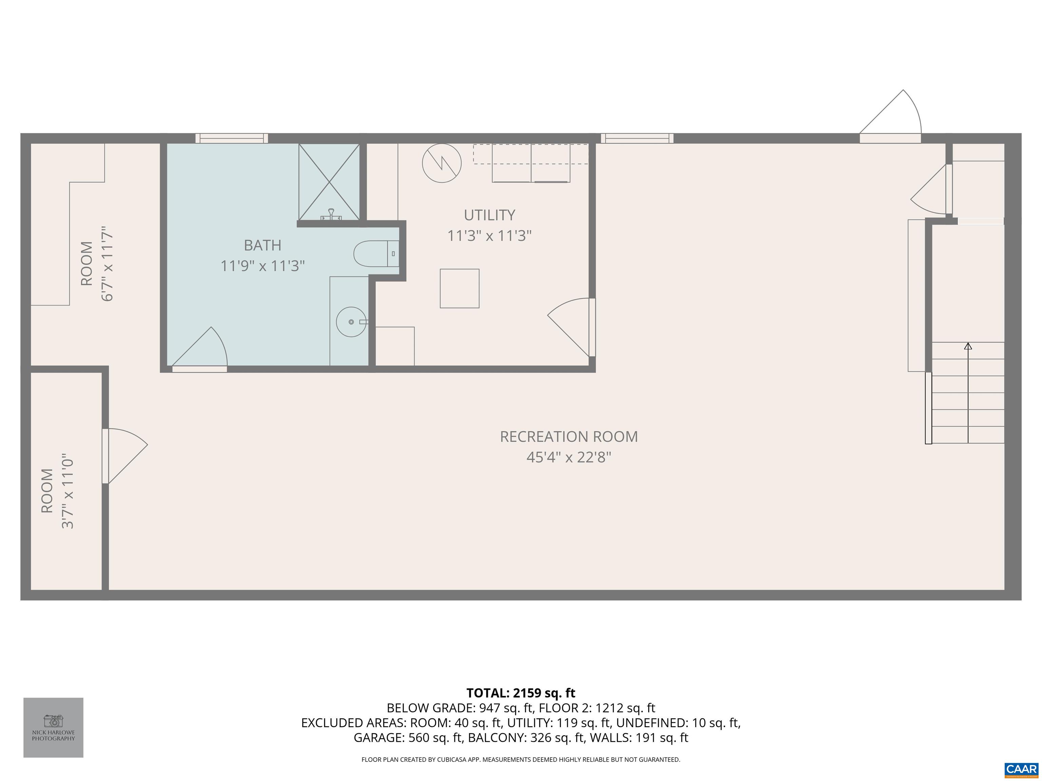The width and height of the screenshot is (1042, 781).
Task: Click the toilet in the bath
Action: [x=376, y=254]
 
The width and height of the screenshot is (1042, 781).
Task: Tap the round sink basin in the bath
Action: [x=351, y=322]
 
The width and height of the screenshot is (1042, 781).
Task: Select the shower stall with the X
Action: [x=329, y=182]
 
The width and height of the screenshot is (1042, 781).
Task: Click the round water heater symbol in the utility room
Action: [x=441, y=163]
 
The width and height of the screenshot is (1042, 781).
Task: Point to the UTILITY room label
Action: [x=489, y=215]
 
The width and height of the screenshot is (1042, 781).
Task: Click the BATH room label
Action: [x=263, y=245]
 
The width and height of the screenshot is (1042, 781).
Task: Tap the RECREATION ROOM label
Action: [x=568, y=437]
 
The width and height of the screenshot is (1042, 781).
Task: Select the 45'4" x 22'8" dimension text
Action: [x=568, y=457]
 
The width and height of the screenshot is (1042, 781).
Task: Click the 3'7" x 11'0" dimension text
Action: [x=68, y=492]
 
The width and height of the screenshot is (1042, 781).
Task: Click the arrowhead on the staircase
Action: [x=968, y=346]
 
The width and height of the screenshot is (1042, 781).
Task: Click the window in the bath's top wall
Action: [x=232, y=138]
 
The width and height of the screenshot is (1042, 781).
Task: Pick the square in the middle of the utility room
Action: [x=459, y=288]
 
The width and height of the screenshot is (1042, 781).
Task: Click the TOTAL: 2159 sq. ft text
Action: [x=521, y=693]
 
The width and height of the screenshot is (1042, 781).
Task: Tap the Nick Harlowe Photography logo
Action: [x=53, y=727]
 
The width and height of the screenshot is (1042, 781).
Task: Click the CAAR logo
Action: [x=1021, y=769]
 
